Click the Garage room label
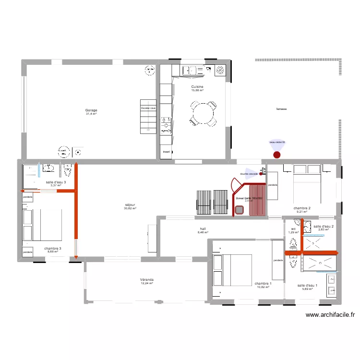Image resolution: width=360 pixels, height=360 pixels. tap(91, 110)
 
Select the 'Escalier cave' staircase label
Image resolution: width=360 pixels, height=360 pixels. tap(148, 108)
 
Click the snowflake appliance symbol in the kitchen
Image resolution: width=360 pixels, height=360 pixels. tap(220, 70)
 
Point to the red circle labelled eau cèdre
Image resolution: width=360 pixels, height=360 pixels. tap(276, 155)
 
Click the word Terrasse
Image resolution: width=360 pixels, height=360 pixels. tap(281, 109)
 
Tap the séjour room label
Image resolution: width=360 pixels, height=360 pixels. tap(130, 205)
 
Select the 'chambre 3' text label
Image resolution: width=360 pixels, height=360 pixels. tap(52, 249)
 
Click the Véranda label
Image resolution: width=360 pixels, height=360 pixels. tap(146, 279)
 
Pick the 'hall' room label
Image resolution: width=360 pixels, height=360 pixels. tap(203, 229)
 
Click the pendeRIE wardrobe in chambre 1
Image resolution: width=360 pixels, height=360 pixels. tap(278, 260)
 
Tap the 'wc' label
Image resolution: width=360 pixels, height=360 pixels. tap(293, 229)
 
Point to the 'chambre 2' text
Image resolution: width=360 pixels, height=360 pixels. tap(302, 208)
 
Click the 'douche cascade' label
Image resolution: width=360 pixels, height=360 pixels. tap(249, 174)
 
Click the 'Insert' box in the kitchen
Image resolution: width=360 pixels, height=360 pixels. tap(167, 152)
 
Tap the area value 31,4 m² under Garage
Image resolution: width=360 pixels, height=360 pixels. tap(91, 114)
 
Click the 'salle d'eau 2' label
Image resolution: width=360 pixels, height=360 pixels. tap(324, 226)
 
